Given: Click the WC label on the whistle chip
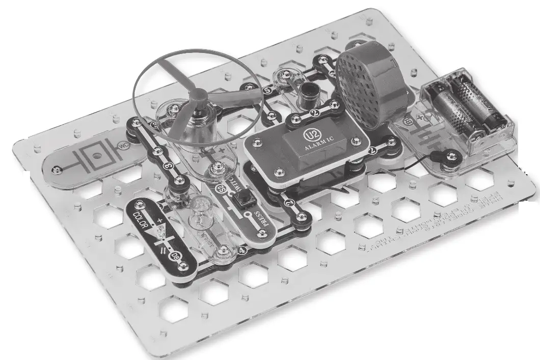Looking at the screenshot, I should coord(122,146).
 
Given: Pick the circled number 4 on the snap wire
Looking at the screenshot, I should coord(242,250).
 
